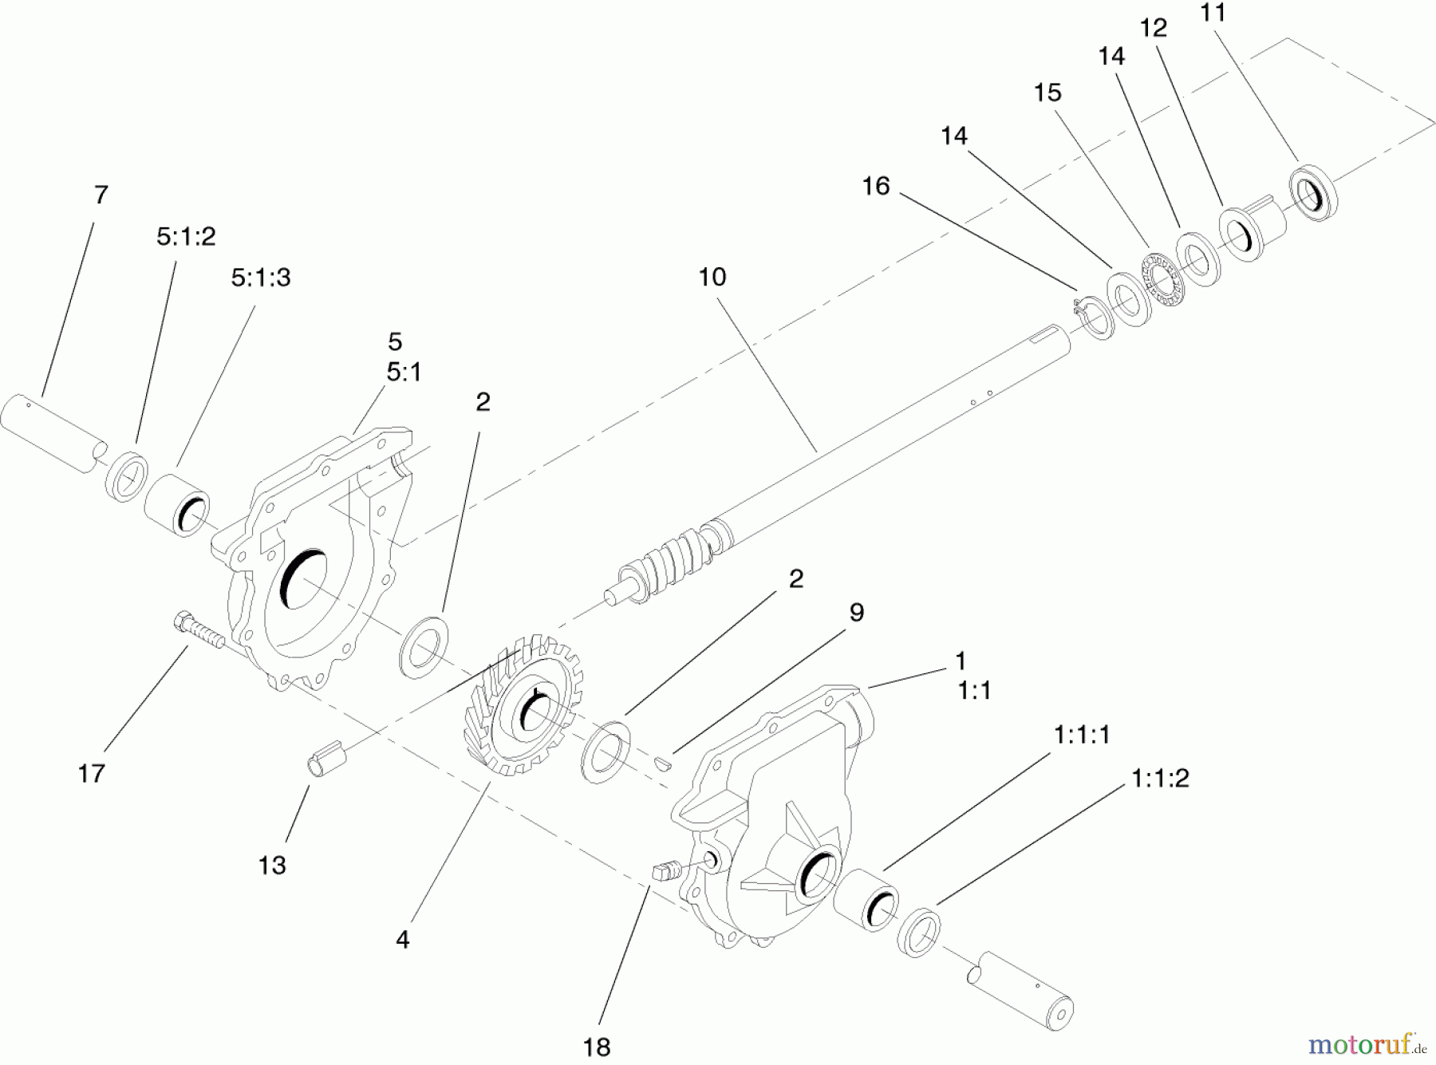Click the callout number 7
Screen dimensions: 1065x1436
(x=101, y=195)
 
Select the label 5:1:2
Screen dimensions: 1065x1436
(x=185, y=237)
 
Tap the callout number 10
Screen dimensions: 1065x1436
(x=712, y=278)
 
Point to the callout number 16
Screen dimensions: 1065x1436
(x=875, y=187)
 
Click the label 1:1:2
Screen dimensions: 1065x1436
(x=1159, y=779)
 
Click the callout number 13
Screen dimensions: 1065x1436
(x=272, y=866)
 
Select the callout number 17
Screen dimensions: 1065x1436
(x=91, y=773)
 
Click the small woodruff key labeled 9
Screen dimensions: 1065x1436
(x=662, y=763)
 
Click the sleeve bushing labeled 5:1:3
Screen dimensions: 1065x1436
(x=177, y=505)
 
